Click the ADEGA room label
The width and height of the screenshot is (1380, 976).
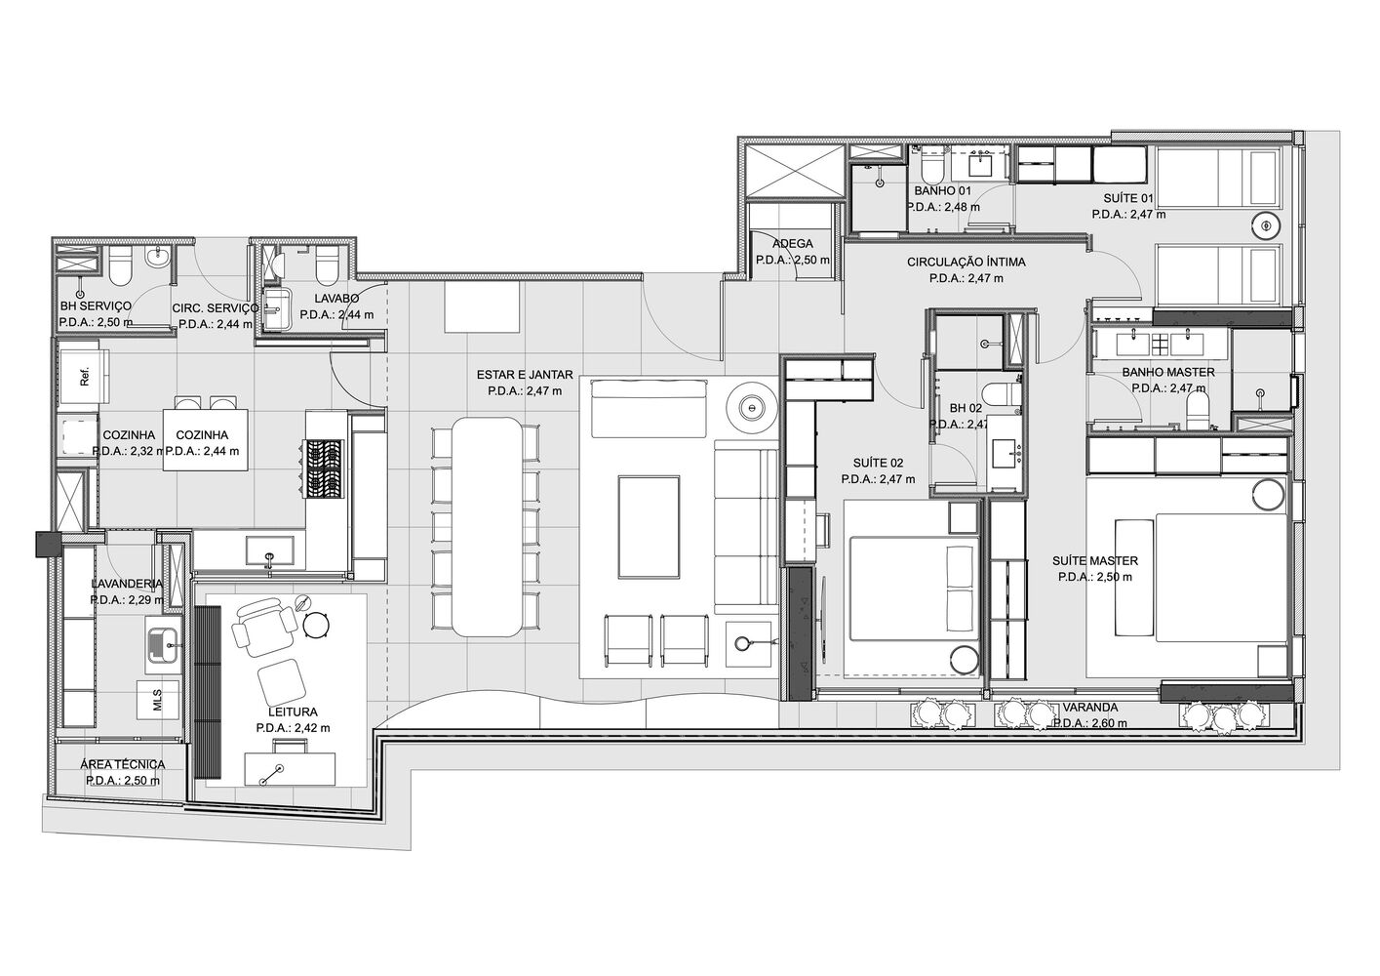[792, 244]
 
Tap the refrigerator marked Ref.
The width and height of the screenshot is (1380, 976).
[84, 376]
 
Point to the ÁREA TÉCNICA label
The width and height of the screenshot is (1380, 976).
[123, 764]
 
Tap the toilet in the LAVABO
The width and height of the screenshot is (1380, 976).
[327, 264]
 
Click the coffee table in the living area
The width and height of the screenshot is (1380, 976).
[650, 526]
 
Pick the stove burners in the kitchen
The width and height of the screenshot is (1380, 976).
[324, 468]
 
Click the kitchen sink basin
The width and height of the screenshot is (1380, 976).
[269, 549]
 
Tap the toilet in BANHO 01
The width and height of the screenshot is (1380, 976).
[930, 163]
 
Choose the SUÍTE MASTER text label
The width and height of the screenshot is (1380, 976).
[1095, 561]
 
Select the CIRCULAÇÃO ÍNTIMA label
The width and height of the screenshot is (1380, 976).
[966, 262]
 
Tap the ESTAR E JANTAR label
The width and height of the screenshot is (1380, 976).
[525, 374]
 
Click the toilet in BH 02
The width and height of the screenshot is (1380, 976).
[993, 397]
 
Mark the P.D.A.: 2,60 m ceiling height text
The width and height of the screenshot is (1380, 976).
[1089, 723]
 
